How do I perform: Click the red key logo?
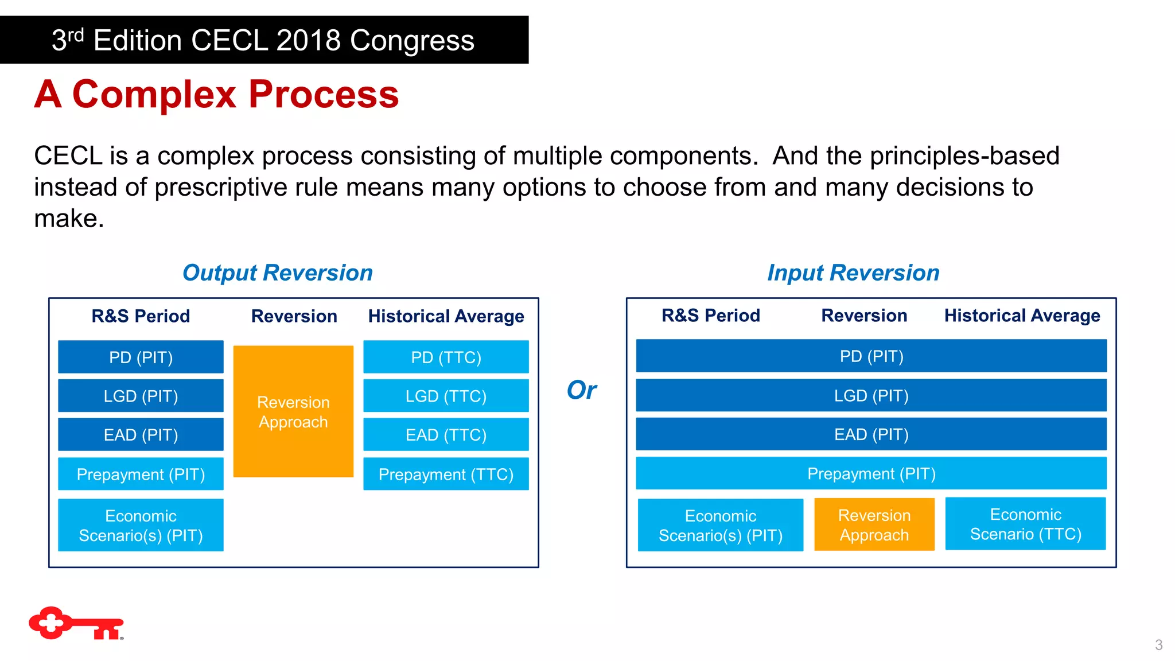click(76, 623)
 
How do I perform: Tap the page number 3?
click(1158, 645)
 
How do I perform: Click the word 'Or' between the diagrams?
click(581, 390)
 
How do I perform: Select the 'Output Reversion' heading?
click(277, 273)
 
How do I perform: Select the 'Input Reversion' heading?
click(853, 273)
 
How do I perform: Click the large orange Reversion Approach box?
click(293, 411)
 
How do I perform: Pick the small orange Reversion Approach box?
click(874, 525)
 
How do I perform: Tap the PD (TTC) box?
click(446, 357)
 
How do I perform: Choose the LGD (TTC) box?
click(446, 396)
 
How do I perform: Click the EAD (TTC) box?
click(446, 435)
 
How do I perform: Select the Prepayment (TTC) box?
click(446, 474)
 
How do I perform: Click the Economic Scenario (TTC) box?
click(1025, 524)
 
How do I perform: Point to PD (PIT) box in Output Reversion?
click(141, 357)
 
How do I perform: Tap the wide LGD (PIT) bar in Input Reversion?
click(871, 395)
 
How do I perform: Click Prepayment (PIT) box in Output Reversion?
click(141, 474)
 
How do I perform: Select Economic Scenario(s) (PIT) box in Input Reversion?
click(720, 525)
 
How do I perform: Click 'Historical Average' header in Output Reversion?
click(446, 316)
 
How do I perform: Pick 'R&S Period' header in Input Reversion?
click(710, 316)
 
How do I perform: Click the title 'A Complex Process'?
click(216, 94)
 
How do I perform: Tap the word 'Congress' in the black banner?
click(412, 40)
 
